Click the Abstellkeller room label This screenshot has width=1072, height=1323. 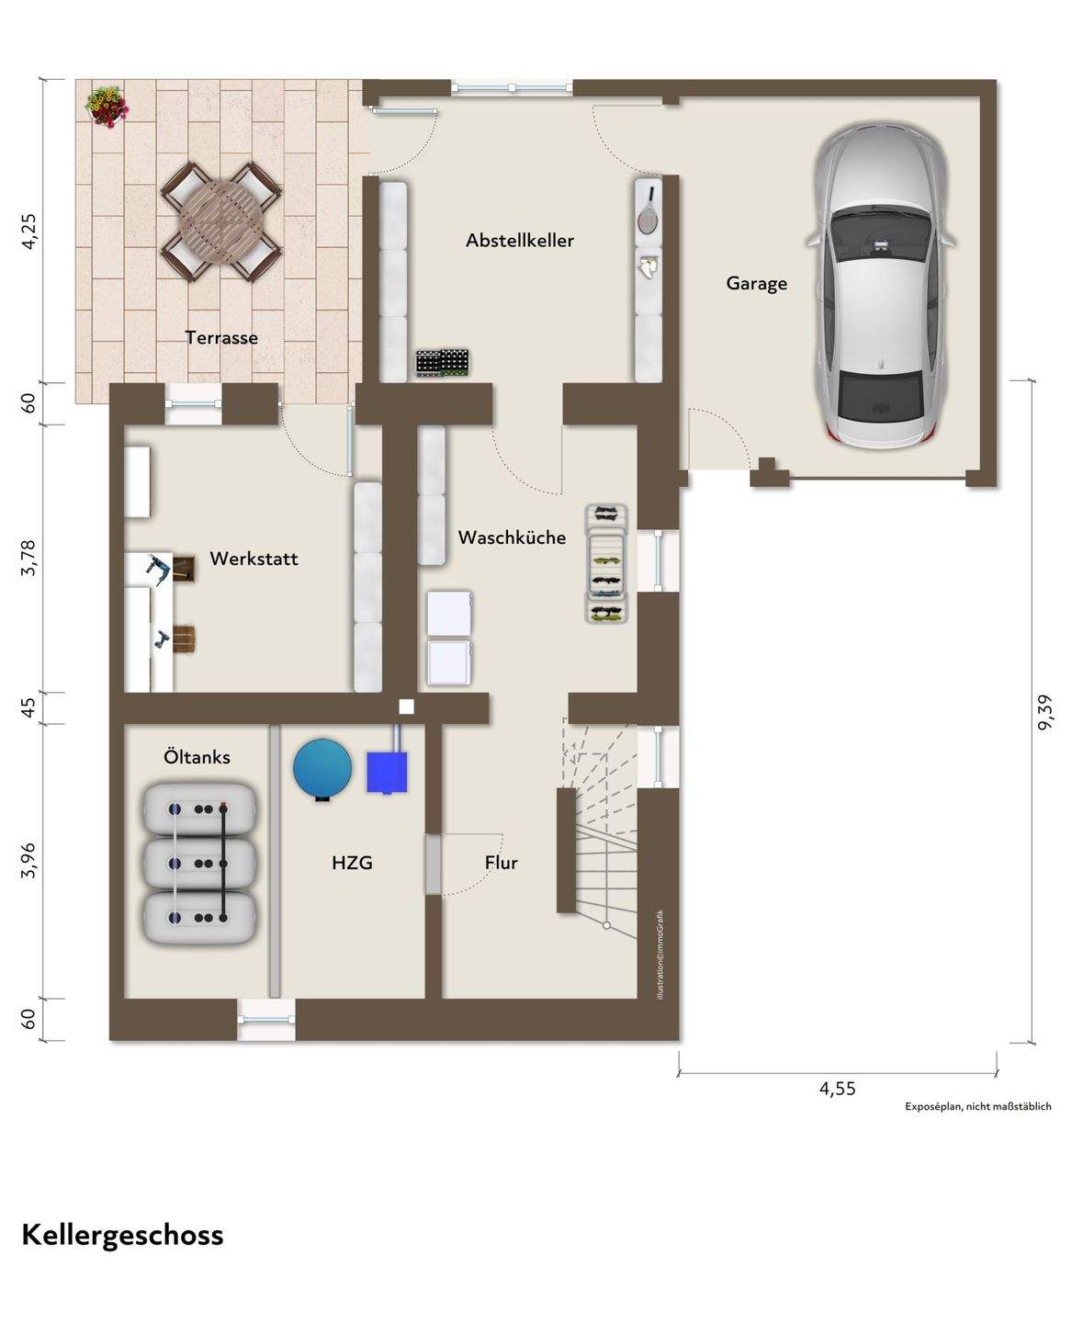click(x=519, y=241)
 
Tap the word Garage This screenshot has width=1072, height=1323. click(x=757, y=283)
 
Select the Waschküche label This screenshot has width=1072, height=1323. click(x=512, y=537)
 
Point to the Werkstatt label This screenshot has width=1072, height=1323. click(x=254, y=559)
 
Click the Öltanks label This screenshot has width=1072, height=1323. click(x=197, y=756)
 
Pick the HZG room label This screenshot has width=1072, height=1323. click(x=352, y=863)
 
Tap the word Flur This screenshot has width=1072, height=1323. click(x=501, y=862)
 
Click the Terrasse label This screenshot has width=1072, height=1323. click(x=221, y=337)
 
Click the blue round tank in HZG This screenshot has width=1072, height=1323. click(x=322, y=768)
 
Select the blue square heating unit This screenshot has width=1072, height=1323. click(x=387, y=772)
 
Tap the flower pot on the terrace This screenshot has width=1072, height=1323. click(x=107, y=107)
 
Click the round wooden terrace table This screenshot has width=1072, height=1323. click(x=221, y=221)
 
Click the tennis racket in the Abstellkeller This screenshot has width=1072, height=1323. click(x=648, y=211)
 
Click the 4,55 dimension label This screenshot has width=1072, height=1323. click(x=837, y=1088)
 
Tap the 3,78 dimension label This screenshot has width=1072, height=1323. click(x=28, y=558)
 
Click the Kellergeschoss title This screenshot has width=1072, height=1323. click(x=122, y=1236)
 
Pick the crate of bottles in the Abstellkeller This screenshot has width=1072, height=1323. click(x=442, y=363)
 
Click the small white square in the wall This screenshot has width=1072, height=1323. click(x=406, y=707)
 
